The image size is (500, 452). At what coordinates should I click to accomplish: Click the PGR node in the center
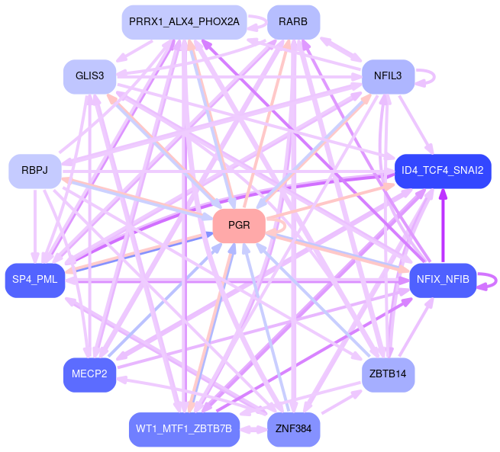[x=238, y=226]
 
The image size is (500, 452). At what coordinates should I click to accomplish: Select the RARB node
[x=293, y=21]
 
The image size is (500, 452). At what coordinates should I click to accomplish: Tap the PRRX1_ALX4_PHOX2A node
[x=184, y=21]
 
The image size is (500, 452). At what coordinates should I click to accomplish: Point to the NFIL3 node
[x=388, y=76]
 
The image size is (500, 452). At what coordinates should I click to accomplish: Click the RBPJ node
[x=34, y=171]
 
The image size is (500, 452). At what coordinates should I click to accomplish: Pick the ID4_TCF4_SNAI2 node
[x=442, y=171]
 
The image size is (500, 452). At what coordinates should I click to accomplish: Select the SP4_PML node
[x=34, y=280]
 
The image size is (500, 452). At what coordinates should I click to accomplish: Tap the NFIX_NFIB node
[x=443, y=280]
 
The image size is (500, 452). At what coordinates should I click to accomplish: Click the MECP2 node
[x=89, y=374]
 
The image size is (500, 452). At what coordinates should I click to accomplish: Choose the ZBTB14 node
[x=388, y=374]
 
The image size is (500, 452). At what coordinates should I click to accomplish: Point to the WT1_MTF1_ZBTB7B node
[x=184, y=429]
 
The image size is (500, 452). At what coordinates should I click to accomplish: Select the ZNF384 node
[x=293, y=429]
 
